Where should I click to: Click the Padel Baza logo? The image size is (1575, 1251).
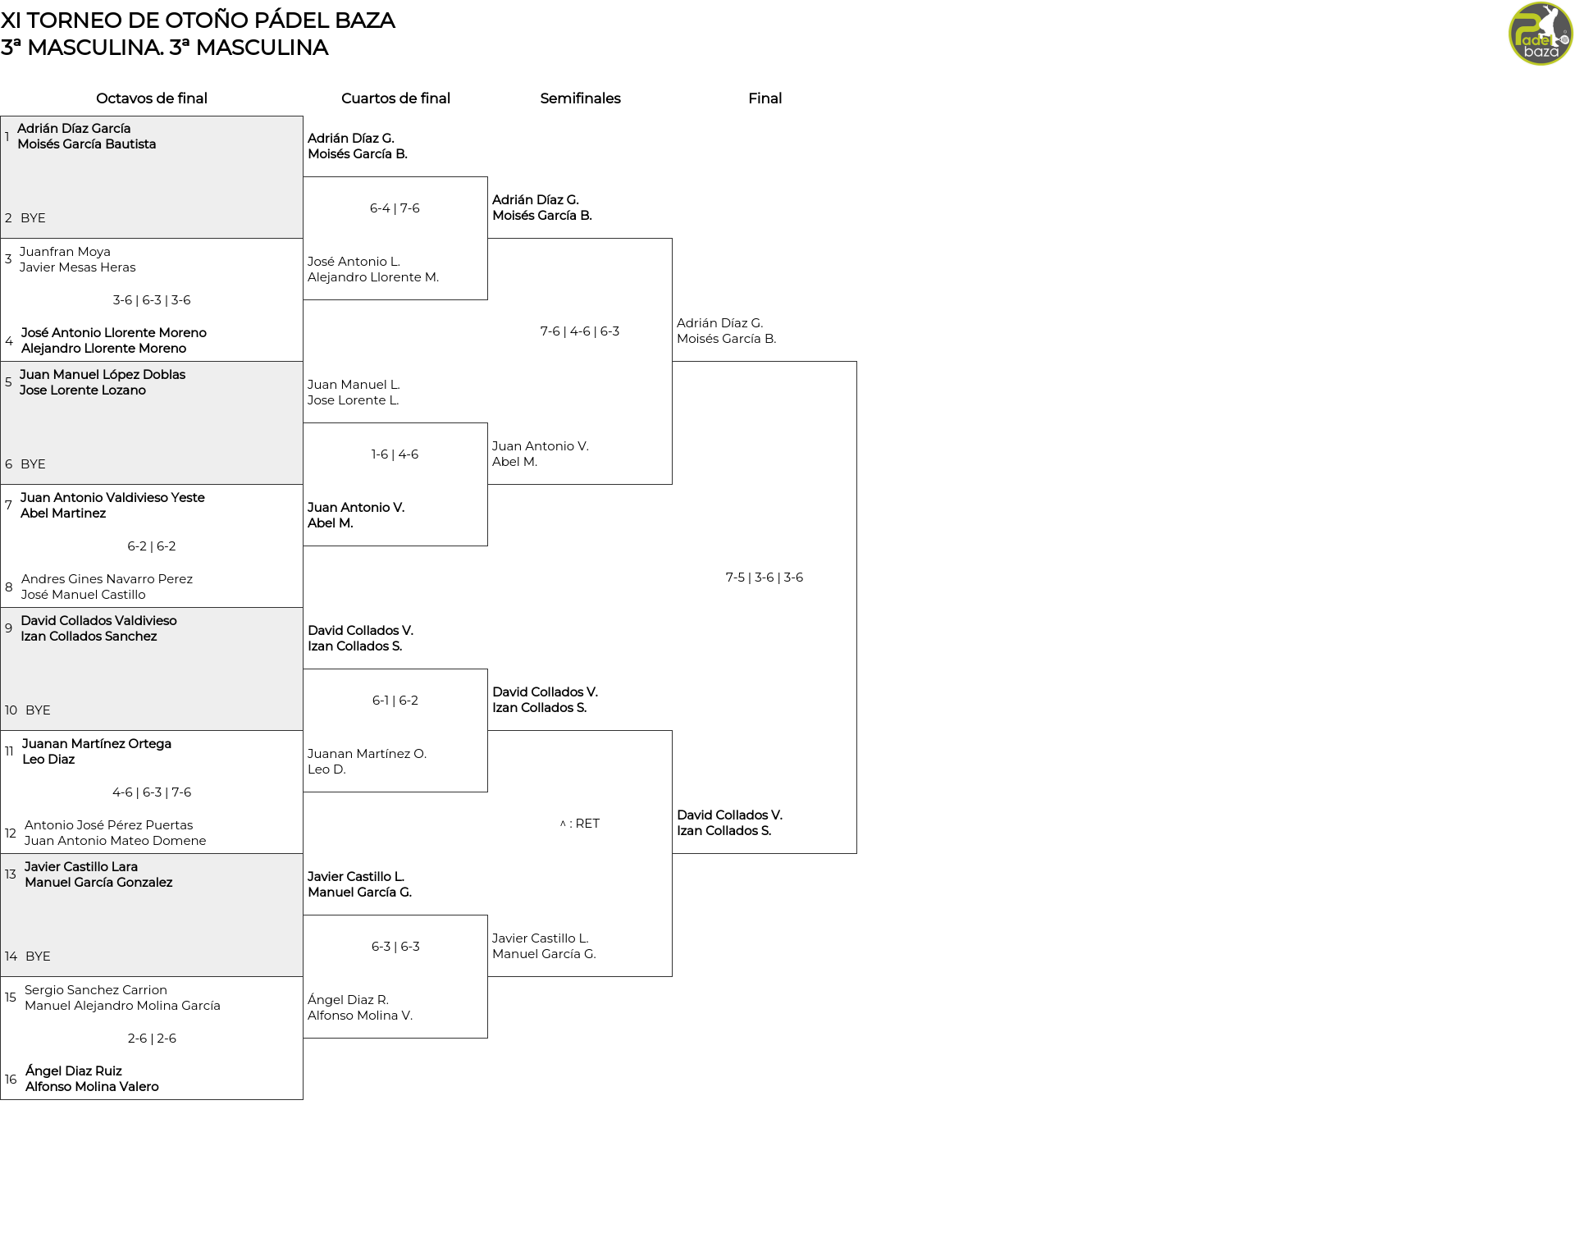click(x=1541, y=34)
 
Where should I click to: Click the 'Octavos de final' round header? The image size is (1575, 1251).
click(x=152, y=98)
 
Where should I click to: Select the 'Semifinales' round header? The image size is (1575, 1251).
click(x=580, y=98)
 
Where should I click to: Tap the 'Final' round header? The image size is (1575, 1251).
click(x=765, y=98)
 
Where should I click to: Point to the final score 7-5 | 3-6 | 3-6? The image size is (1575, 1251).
click(x=765, y=578)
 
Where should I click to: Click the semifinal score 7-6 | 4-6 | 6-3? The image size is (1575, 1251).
click(x=580, y=331)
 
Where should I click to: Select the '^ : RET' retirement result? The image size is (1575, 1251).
click(x=580, y=824)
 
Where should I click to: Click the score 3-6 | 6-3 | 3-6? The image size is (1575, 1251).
click(x=152, y=300)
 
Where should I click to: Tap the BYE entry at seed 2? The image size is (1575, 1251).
click(x=33, y=218)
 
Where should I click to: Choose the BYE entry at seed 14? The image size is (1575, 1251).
click(x=38, y=957)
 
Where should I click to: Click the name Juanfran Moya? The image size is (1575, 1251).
click(x=65, y=252)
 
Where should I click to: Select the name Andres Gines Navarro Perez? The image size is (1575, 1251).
click(x=107, y=579)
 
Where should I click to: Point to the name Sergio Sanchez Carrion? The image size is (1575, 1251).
click(x=96, y=990)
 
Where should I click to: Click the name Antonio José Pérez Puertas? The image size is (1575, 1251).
click(x=108, y=825)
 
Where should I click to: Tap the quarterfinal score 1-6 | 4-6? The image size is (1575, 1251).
click(x=395, y=454)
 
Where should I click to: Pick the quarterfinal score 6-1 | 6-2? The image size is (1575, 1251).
click(x=395, y=701)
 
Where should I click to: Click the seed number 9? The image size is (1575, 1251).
click(x=8, y=628)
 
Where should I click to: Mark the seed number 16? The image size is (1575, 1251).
click(x=11, y=1080)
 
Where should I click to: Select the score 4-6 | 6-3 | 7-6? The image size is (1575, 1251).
click(x=152, y=792)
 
